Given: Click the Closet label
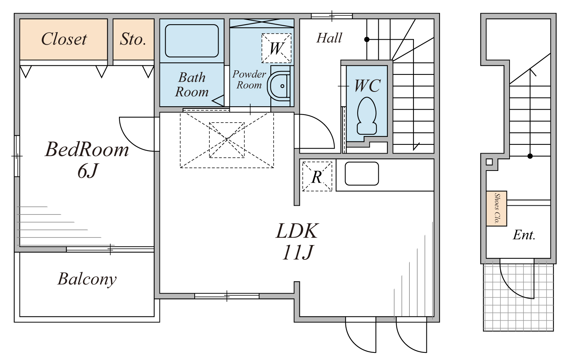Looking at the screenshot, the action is coord(64,39).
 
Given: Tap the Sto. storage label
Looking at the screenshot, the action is coord(133,39).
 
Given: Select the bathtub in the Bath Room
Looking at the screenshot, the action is coord(192,41).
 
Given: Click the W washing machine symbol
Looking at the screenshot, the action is coord(276,48).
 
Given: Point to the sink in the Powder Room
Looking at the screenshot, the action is coord(279,86).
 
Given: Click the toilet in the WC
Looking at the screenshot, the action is coord(367,116).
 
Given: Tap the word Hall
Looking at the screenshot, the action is coord(329,38).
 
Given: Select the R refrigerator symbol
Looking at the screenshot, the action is coord(317,177).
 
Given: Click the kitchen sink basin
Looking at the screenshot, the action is coord(362,174).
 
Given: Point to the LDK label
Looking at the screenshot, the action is coord(297,231).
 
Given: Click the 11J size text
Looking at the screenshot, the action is coord(298,252).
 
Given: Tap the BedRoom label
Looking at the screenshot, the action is coord(87,149).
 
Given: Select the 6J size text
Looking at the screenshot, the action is coord(87,171).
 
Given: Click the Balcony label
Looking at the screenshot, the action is coord(87,279).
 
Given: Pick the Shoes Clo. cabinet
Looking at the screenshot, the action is coord(496,208).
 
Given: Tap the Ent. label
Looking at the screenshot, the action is coord(524,235).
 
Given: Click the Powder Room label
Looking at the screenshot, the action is coord(249,79).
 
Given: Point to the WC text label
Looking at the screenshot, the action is coord(367,85).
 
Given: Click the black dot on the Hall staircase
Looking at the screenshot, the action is coord(367,39).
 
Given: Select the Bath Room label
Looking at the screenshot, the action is coord(192,85).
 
